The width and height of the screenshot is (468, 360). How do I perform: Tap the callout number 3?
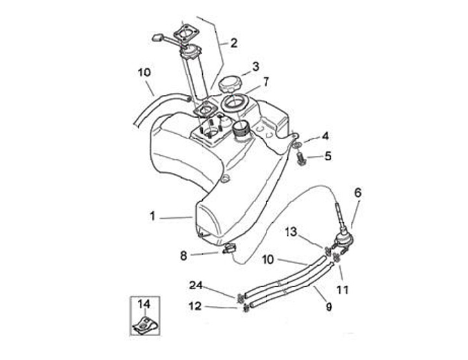[255, 66]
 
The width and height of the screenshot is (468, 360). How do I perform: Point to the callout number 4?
[326, 136]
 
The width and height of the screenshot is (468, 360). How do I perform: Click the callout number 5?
[328, 156]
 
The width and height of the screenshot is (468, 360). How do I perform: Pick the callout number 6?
[357, 192]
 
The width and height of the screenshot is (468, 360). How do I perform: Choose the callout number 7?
[265, 82]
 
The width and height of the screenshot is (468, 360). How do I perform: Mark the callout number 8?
[183, 256]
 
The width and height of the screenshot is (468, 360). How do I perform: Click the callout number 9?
[329, 305]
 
